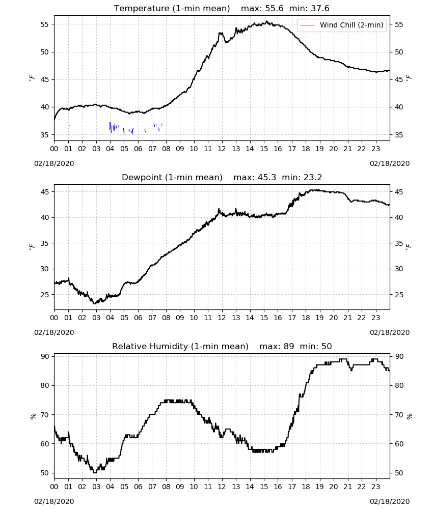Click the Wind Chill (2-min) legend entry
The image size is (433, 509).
342,25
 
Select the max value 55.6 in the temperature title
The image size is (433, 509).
274,8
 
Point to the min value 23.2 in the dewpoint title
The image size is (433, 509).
313,177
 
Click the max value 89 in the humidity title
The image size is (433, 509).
289,346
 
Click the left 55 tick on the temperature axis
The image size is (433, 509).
44,24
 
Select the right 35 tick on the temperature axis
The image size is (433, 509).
399,135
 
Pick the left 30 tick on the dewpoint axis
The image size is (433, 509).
44,269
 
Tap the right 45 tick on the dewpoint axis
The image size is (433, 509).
399,192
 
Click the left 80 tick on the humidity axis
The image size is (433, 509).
44,385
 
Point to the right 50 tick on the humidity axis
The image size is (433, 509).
399,473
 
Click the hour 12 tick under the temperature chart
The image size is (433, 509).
222,149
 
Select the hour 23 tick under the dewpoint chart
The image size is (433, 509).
375,318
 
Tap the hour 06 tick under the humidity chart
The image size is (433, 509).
138,487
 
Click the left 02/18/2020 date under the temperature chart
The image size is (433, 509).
54,163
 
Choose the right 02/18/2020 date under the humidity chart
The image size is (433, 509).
390,501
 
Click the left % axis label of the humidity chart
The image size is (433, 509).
33,416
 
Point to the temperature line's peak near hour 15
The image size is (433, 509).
267,21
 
